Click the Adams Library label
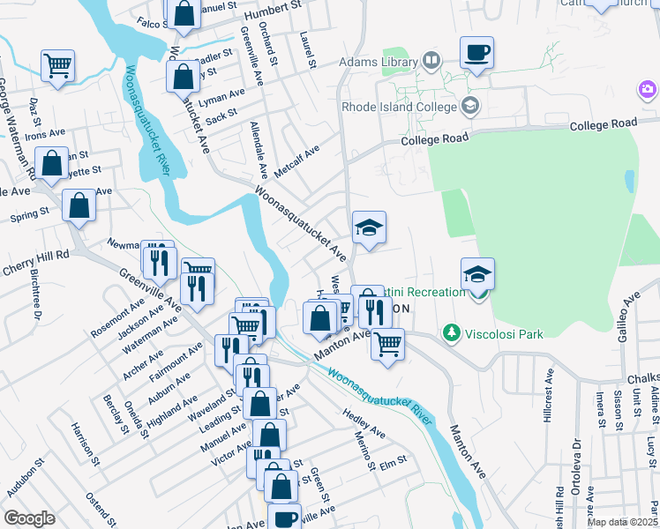click(x=379, y=63)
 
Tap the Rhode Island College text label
click(x=398, y=108)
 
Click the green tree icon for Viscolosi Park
click(x=452, y=332)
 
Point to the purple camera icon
click(x=648, y=89)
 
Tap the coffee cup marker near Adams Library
click(x=476, y=52)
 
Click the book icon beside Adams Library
click(x=431, y=62)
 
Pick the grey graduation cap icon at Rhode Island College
click(x=469, y=107)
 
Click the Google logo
click(x=29, y=518)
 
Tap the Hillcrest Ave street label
click(x=548, y=412)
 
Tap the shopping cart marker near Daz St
click(x=57, y=66)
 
